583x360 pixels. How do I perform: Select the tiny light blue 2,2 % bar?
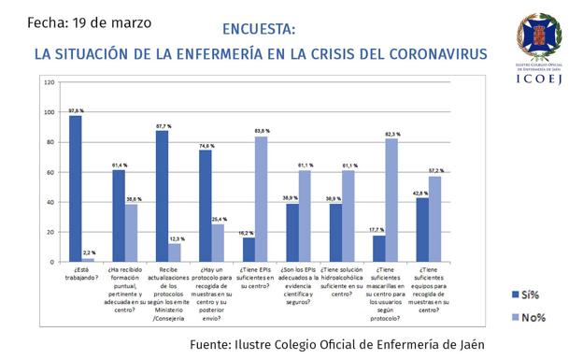89,260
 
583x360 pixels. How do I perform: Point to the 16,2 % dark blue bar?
248,250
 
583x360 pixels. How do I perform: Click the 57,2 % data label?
436,170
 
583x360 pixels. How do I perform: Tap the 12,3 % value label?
175,239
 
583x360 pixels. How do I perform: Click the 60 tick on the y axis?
50,172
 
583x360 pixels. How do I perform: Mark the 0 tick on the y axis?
53,262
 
